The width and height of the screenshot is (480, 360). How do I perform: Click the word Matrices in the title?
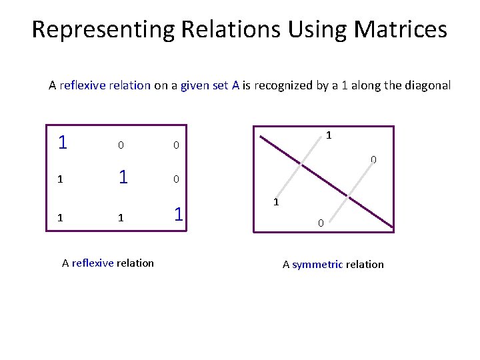click(x=401, y=30)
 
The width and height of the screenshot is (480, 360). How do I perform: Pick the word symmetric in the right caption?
click(x=317, y=264)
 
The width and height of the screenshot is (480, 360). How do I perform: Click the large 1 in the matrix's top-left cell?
click(x=62, y=143)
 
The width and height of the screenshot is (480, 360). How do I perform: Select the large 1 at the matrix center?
click(x=123, y=177)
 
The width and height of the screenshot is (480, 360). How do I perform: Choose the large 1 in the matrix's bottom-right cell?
click(x=178, y=215)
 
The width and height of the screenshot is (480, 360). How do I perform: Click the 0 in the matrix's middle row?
click(x=175, y=179)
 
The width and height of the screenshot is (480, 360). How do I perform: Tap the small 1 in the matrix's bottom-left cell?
click(x=61, y=217)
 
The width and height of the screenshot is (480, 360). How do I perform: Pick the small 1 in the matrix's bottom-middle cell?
click(x=121, y=217)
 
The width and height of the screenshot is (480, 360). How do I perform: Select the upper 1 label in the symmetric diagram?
click(x=329, y=135)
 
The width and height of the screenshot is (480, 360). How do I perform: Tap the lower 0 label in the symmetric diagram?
click(x=320, y=224)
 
